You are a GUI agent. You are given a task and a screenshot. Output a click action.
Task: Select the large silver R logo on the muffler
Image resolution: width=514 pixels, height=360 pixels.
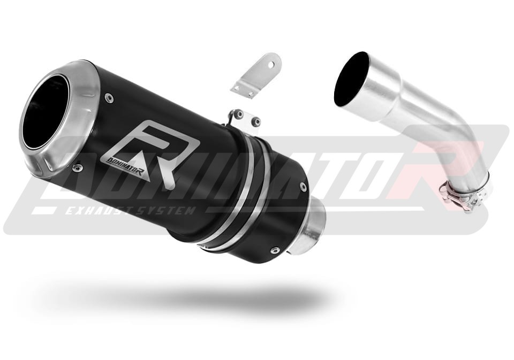[x=153, y=154]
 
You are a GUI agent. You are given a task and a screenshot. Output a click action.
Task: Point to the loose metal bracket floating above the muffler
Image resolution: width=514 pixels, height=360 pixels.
[x=256, y=75]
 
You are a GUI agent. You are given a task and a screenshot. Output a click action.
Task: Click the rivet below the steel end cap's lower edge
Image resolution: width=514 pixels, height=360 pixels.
[x=77, y=168]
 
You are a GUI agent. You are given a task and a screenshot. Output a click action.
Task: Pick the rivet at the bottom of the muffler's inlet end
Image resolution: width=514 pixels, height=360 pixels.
[x=274, y=251]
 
